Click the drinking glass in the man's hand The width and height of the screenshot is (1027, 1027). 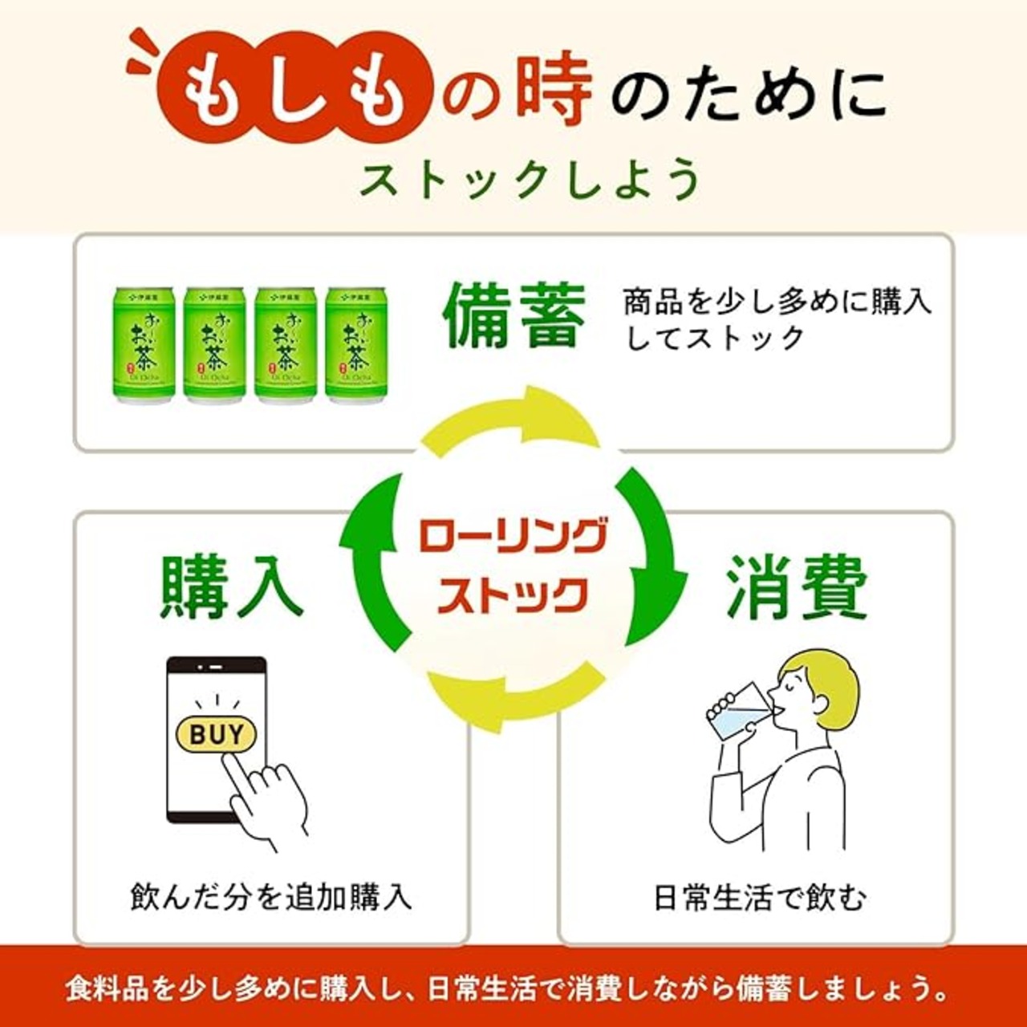(738, 712)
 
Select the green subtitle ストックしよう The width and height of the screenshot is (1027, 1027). (530, 179)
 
